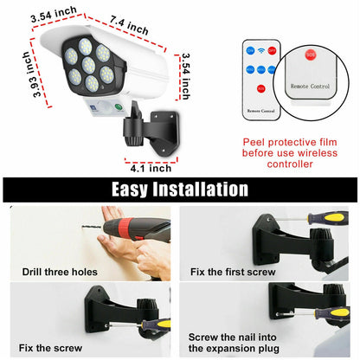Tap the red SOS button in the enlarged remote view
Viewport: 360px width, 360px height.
click(311, 55)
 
